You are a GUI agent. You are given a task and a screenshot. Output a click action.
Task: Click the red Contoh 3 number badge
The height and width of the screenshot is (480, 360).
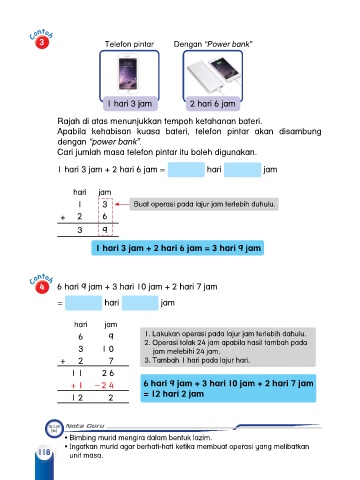42,42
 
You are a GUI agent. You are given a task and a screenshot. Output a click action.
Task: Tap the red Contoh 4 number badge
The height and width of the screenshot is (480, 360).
42,287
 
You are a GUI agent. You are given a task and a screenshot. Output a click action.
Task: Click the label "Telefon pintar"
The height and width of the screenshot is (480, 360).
129,44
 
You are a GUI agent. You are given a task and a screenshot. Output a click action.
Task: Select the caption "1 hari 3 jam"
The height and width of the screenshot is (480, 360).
130,104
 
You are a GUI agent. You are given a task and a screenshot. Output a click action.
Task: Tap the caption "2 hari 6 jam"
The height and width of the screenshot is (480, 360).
213,104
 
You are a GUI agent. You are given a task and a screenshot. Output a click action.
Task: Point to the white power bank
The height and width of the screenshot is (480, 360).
204,77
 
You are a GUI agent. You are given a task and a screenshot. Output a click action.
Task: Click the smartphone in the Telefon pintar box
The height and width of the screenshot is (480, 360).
128,73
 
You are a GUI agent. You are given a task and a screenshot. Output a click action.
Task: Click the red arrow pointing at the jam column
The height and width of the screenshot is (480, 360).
122,204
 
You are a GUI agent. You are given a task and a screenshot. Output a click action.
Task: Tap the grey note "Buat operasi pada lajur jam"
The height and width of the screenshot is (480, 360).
204,204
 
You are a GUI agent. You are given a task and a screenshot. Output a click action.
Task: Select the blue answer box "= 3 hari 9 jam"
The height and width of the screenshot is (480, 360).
178,248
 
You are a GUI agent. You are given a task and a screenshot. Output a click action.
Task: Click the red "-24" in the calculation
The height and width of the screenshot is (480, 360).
104,385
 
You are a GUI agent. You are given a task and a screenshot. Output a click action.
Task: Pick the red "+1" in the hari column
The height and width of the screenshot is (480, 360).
76,385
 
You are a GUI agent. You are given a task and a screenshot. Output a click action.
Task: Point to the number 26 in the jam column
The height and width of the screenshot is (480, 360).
108,373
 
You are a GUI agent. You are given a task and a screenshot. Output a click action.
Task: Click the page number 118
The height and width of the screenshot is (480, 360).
44,452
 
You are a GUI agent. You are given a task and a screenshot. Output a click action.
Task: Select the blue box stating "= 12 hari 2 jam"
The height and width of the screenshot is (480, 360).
228,388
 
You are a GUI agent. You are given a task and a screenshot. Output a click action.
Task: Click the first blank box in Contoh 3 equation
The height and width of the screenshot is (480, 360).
186,170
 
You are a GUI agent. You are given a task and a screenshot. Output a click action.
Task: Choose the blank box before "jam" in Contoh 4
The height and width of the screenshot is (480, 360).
140,303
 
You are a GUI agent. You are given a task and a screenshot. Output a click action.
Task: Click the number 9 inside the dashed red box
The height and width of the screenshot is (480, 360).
105,229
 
